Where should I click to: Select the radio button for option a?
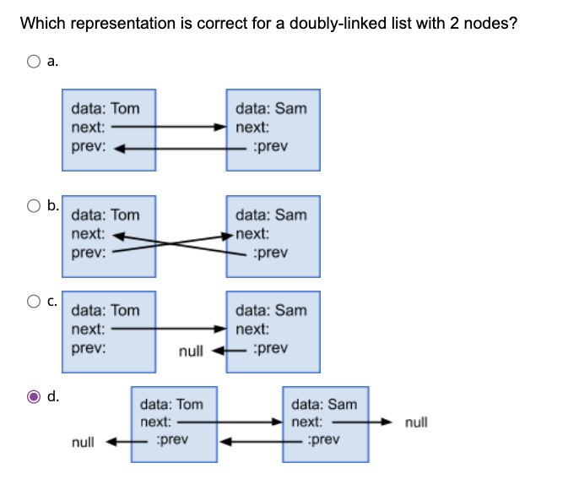tap(34, 62)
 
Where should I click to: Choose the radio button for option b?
tap(34, 205)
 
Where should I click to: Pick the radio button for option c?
tap(34, 301)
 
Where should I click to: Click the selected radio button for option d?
tap(34, 396)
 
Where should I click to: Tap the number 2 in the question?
tap(454, 24)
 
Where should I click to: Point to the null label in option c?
tap(191, 351)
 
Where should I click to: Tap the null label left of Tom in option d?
tap(83, 442)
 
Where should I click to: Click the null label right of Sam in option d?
tap(416, 422)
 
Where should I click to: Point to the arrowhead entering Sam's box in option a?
tap(220, 127)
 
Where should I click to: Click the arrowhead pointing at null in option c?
tap(219, 351)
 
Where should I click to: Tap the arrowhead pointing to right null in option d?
tap(387, 422)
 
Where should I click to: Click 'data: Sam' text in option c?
tap(272, 310)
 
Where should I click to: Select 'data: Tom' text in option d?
tap(171, 405)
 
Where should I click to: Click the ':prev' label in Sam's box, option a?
tap(270, 146)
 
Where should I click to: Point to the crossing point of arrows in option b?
tap(170, 243)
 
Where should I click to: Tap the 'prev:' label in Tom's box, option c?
tap(89, 348)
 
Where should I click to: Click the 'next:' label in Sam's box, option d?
tap(307, 422)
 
